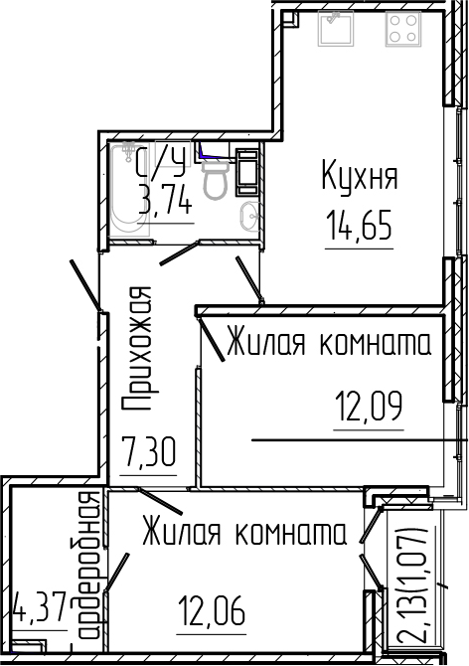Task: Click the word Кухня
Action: click(x=359, y=178)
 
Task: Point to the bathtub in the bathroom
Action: click(x=127, y=189)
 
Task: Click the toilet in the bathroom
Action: click(x=215, y=176)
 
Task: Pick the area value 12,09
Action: click(x=369, y=407)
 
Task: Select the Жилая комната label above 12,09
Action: click(x=328, y=345)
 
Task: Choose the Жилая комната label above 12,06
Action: click(x=242, y=533)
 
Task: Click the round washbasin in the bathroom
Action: click(x=250, y=213)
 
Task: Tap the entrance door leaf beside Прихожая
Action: click(x=87, y=287)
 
